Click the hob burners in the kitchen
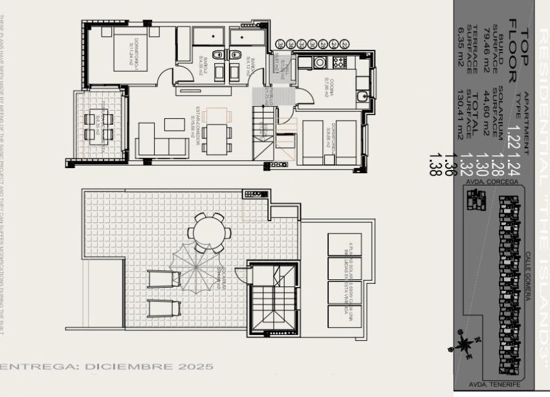[x=338, y=63]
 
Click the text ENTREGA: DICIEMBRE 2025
[x=107, y=367]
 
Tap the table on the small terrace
[x=99, y=125]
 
